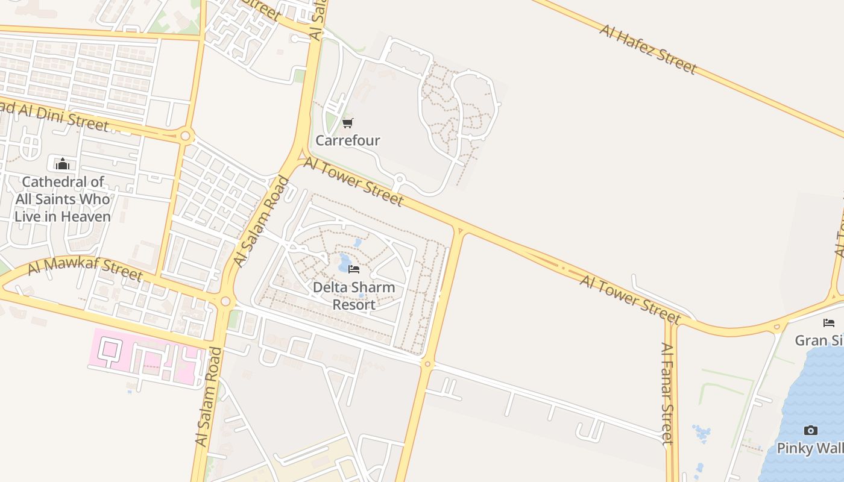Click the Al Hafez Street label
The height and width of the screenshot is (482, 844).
click(x=648, y=49)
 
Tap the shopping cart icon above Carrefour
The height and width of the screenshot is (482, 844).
click(x=347, y=124)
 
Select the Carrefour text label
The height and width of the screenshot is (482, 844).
click(x=348, y=140)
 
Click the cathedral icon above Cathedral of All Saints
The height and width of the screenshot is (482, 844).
click(x=62, y=164)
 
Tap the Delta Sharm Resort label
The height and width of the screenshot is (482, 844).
click(x=354, y=295)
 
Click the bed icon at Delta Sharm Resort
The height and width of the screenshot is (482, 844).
click(x=354, y=269)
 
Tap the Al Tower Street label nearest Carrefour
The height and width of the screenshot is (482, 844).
click(x=353, y=181)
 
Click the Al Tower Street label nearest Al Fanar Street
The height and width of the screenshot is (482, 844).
click(x=630, y=299)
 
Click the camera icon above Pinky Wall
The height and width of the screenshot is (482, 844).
click(x=811, y=430)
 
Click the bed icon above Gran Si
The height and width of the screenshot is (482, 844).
click(x=829, y=323)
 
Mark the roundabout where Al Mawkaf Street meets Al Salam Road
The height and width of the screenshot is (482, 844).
click(x=225, y=301)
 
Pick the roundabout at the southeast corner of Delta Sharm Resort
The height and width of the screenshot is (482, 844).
click(x=427, y=364)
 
